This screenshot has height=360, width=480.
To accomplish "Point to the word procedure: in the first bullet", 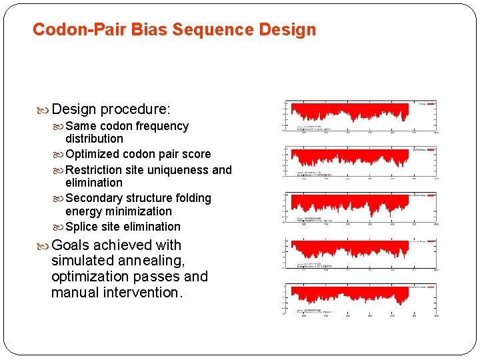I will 135,109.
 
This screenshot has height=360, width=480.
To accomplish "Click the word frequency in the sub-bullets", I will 162,126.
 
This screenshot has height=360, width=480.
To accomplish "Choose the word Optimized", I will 94,154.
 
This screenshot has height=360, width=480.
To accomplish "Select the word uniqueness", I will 177,170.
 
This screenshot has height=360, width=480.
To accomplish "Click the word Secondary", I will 94,198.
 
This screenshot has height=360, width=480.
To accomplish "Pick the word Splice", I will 81,227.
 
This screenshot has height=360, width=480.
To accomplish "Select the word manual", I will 75,292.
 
